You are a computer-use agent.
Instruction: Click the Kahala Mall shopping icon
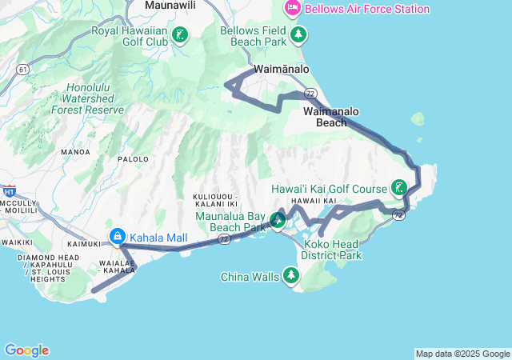[x=118, y=237]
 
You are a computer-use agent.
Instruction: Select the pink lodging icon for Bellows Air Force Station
[x=293, y=9]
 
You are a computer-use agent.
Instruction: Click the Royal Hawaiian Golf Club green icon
[x=182, y=34]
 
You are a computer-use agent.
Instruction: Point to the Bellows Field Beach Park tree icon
[x=298, y=34]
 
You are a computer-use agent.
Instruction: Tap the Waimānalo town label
[x=282, y=70]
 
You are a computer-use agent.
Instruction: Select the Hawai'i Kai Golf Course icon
[x=398, y=189]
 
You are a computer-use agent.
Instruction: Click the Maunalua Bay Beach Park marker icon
[x=278, y=220]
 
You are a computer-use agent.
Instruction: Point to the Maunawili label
[x=170, y=6]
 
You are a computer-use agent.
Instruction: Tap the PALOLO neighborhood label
[x=134, y=159]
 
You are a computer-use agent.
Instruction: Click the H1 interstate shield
[x=10, y=191]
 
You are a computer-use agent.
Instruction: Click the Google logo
[x=26, y=350]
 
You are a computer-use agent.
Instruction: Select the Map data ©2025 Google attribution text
[x=462, y=354]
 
